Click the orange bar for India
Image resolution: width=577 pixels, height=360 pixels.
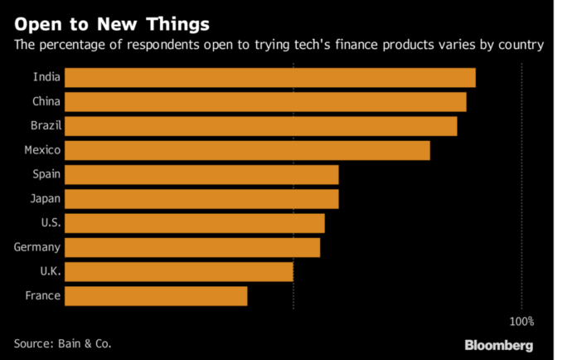click(269, 78)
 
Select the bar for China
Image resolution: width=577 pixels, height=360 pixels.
click(265, 102)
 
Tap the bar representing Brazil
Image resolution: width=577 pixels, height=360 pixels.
click(260, 126)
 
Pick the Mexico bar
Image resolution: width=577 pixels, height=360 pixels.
click(247, 150)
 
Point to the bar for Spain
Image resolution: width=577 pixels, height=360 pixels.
click(201, 174)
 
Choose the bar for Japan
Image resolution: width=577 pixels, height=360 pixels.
click(201, 199)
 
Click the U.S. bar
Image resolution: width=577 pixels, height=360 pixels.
click(194, 223)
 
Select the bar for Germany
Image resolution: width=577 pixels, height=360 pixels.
click(192, 247)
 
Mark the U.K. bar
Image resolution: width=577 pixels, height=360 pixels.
click(178, 271)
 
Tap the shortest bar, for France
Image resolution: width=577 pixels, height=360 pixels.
click(156, 296)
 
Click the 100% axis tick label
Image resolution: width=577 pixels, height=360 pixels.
click(521, 321)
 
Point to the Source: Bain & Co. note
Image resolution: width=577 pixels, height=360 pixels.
click(62, 343)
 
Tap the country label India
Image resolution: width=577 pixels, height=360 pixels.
click(46, 78)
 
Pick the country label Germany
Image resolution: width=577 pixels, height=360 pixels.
click(37, 247)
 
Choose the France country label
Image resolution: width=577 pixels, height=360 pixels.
click(42, 296)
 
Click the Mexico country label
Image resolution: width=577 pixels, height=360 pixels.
click(41, 150)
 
